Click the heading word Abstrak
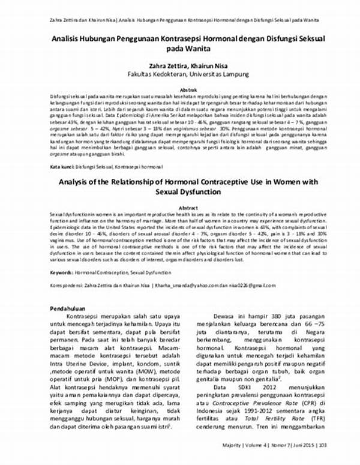(x=179, y=89)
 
